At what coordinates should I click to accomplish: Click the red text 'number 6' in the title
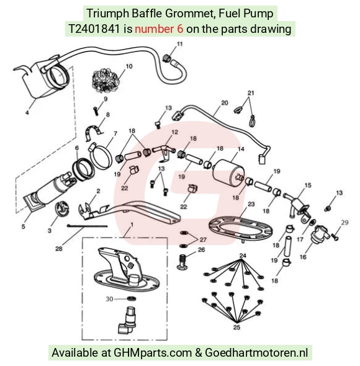[159, 29]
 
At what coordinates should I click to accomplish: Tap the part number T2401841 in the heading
[94, 29]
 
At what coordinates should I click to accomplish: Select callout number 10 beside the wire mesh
[129, 66]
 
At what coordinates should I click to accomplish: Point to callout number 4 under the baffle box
[27, 113]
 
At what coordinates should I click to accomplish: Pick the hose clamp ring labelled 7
[100, 156]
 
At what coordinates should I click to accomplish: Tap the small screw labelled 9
[96, 110]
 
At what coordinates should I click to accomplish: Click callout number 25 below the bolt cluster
[236, 328]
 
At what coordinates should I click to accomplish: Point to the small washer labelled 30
[132, 298]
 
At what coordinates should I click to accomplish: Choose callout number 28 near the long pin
[59, 249]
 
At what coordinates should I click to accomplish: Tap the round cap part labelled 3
[62, 208]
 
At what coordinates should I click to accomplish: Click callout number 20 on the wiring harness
[225, 103]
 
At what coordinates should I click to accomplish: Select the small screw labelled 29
[335, 238]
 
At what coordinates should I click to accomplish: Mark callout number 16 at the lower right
[303, 257]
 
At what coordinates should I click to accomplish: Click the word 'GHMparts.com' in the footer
[153, 352]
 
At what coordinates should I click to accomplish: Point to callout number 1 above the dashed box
[132, 225]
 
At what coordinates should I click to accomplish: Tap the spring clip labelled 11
[166, 58]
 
